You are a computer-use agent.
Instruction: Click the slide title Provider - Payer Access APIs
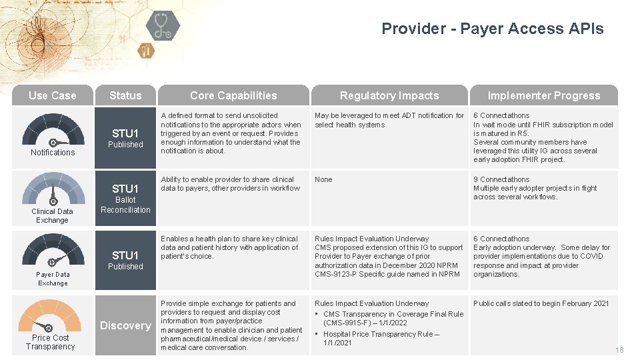coord(492,29)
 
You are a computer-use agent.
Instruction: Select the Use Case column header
coord(52,95)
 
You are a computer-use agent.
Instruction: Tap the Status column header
coord(125,95)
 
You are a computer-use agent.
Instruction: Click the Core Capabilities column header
coord(233,95)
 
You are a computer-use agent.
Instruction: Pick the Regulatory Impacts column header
coord(389,95)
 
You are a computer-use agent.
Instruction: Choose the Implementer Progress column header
coord(543,95)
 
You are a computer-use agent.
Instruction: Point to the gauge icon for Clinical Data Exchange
coord(53,189)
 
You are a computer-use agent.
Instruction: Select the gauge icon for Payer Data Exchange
coord(53,250)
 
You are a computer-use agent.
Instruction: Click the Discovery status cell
coord(125,325)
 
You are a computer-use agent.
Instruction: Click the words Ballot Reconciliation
coord(125,205)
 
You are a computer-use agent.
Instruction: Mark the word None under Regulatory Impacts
coord(323,179)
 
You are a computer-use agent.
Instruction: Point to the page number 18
coord(619,350)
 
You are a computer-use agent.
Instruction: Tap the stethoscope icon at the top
coord(163,25)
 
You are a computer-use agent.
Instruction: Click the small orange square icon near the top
coord(146,50)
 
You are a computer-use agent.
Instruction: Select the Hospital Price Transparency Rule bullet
coord(381,338)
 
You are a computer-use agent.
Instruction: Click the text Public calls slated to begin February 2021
coord(541,303)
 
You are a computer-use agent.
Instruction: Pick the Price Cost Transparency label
coord(51,342)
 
